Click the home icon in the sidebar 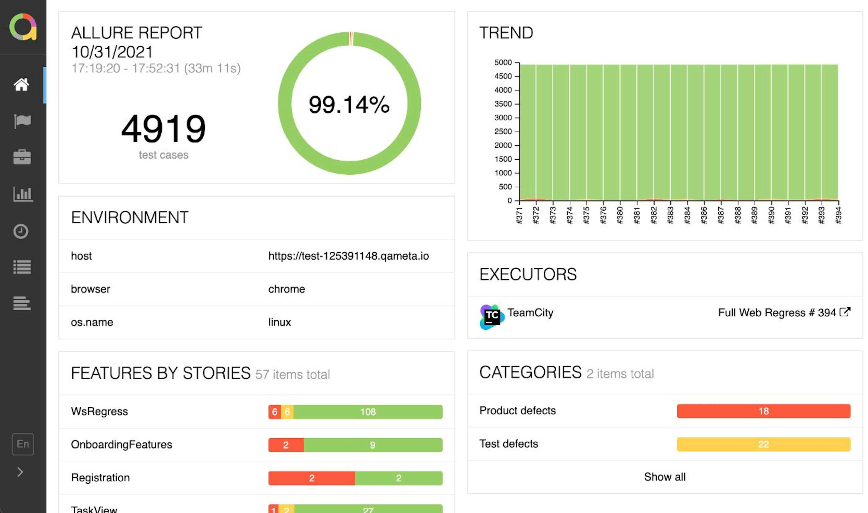point(21,84)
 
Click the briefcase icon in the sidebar point(22,157)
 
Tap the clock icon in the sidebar point(21,231)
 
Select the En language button point(23,444)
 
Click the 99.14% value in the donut point(349,104)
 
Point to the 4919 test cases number point(163,129)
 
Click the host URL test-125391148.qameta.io point(349,256)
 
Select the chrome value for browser point(286,289)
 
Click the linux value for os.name point(279,322)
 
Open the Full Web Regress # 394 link point(783,313)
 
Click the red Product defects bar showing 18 point(763,411)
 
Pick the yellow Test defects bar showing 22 point(763,444)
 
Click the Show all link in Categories point(665,477)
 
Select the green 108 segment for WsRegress point(368,412)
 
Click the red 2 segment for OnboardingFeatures point(286,445)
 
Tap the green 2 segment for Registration point(398,478)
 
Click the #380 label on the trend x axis point(620,215)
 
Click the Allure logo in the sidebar point(23,27)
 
